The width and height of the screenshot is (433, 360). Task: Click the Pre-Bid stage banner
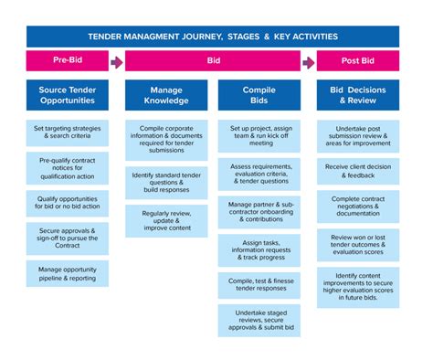click(x=68, y=62)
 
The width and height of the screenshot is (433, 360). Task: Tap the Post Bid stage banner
click(x=358, y=62)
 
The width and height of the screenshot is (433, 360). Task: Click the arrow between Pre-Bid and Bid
click(x=116, y=62)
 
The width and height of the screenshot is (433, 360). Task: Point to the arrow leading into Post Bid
click(x=309, y=62)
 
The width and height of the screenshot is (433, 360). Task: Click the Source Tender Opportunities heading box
click(x=68, y=97)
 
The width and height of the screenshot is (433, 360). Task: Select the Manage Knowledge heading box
click(x=165, y=97)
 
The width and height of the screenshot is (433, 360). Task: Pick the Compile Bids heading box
click(x=259, y=97)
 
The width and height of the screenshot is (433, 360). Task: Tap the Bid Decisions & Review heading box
click(x=358, y=97)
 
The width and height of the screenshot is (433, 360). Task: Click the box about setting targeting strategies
click(x=68, y=132)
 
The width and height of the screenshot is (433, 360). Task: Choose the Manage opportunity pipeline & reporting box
click(x=68, y=274)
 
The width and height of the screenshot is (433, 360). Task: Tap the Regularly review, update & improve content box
click(x=165, y=220)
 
